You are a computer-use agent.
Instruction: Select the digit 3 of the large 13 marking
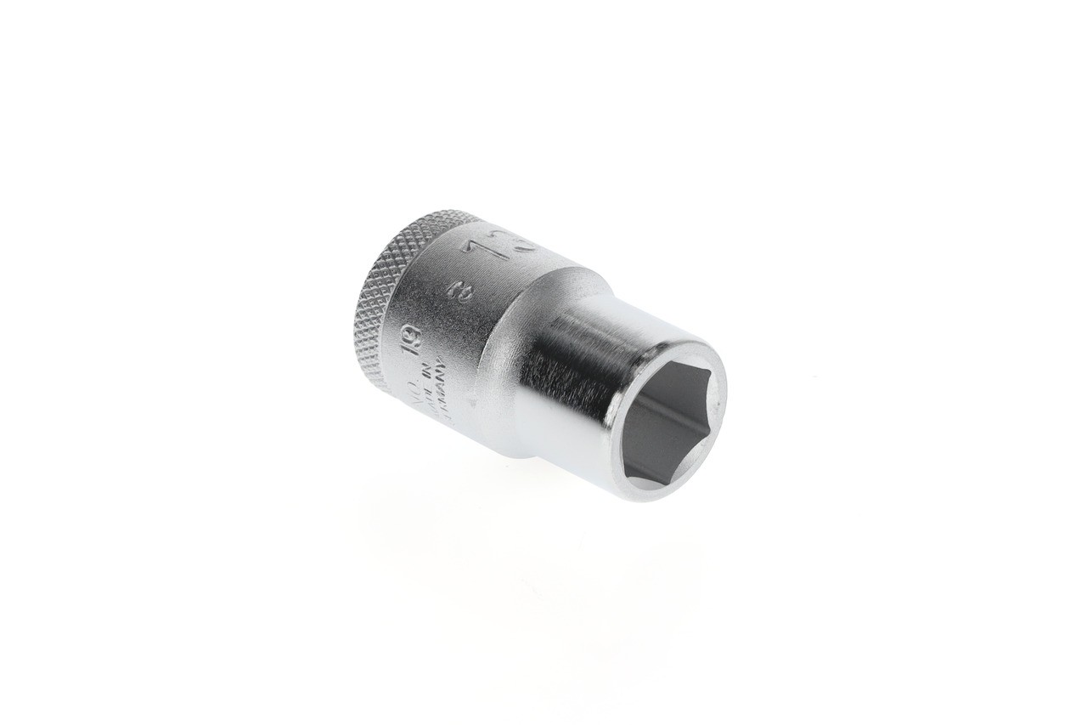pos(527,245)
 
